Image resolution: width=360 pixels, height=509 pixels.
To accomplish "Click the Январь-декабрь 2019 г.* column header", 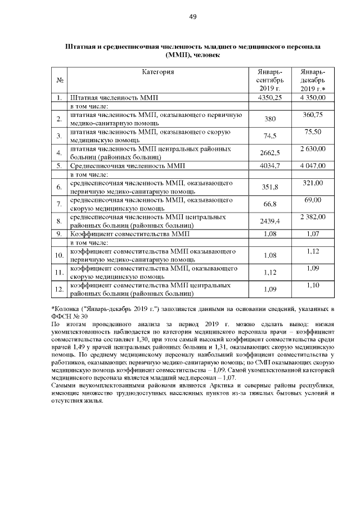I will pyautogui.click(x=313, y=80).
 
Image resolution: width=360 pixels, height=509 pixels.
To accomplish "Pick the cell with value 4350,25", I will pyautogui.click(x=269, y=98).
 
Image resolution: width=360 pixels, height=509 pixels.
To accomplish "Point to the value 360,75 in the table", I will pyautogui.click(x=313, y=114).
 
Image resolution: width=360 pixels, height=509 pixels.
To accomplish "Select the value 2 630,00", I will pyautogui.click(x=313, y=148).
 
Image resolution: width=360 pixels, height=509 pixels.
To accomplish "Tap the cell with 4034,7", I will pyautogui.click(x=269, y=166).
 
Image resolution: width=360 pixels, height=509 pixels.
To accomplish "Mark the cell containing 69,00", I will pyautogui.click(x=313, y=200).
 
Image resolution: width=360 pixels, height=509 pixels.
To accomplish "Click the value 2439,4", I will pyautogui.click(x=269, y=221).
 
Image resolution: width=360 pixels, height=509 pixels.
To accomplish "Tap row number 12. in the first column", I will pyautogui.click(x=58, y=290).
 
